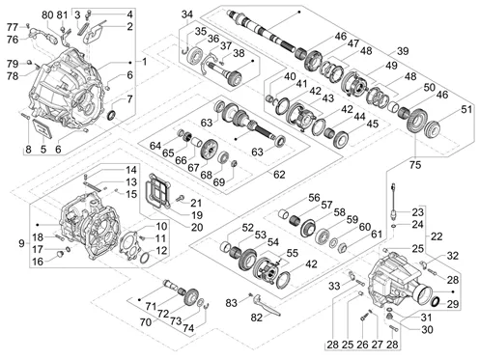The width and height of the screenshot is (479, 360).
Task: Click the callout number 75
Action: [415, 165]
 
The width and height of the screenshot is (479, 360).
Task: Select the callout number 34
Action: [187, 14]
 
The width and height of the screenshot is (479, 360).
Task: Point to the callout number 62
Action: [279, 175]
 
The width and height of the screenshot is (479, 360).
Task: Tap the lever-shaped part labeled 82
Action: [267, 305]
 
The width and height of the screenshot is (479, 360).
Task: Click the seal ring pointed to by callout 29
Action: [436, 302]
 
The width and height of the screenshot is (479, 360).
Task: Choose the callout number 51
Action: [466, 109]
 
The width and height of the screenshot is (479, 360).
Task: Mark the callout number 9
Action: [21, 243]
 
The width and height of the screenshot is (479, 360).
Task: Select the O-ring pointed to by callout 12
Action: [145, 258]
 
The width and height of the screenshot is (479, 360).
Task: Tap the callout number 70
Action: [146, 321]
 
